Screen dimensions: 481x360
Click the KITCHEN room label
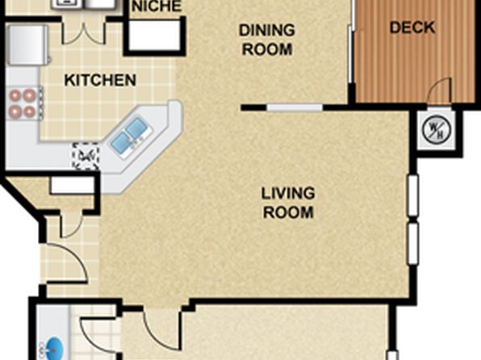(x=100, y=80)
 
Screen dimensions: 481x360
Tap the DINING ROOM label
(x=267, y=40)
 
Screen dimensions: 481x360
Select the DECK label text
(x=412, y=27)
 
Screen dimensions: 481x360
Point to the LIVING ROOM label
(x=288, y=203)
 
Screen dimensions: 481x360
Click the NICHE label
(x=157, y=6)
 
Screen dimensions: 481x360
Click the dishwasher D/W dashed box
(x=86, y=157)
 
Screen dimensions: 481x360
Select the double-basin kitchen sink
(x=129, y=136)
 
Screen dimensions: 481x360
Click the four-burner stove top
(x=23, y=103)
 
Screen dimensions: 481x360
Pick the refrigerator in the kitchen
(x=28, y=45)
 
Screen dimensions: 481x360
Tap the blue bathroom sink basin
(x=52, y=349)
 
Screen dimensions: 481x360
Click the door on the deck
(x=440, y=90)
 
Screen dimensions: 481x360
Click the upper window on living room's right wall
(x=413, y=195)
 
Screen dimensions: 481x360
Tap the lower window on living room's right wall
(x=413, y=244)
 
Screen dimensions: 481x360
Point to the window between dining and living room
(x=295, y=107)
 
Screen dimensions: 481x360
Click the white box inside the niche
(x=155, y=35)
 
